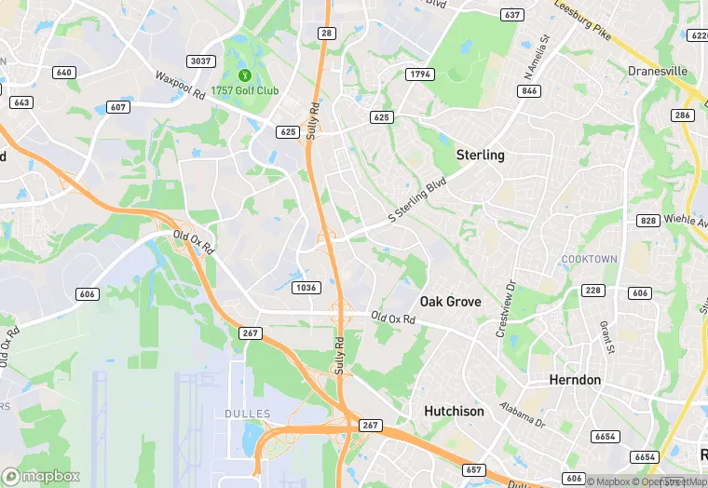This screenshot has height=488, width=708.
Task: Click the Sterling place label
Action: tap(480, 156)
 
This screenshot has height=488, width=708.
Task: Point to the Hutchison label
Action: tap(455, 411)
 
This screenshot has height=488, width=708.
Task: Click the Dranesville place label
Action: tap(657, 71)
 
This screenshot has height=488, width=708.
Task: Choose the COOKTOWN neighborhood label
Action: tap(589, 258)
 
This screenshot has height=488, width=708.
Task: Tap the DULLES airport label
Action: tap(247, 413)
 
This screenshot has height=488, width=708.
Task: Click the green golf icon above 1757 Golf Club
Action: tap(244, 75)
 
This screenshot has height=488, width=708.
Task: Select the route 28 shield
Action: tap(327, 33)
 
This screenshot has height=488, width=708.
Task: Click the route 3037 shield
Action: tap(201, 61)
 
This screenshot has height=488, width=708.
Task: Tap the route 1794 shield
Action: tap(418, 74)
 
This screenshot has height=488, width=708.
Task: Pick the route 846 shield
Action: tap(531, 90)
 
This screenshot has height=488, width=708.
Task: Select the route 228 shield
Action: tap(593, 291)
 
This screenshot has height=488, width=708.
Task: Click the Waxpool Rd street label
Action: tap(180, 84)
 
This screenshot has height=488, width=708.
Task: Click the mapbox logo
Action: tap(42, 476)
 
